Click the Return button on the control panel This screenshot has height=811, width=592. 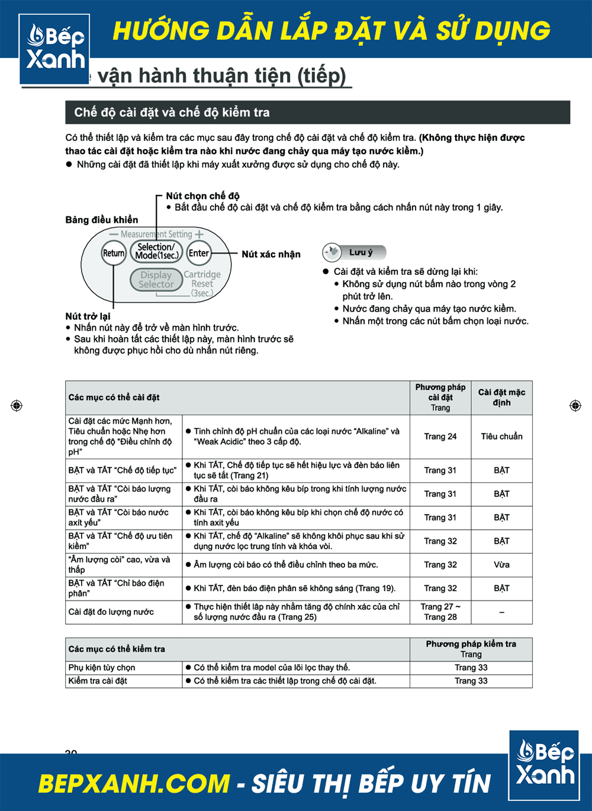tap(114, 253)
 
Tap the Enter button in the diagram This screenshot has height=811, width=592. tap(199, 253)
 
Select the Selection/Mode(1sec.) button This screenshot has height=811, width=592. tap(156, 251)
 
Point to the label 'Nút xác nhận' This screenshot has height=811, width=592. tap(271, 254)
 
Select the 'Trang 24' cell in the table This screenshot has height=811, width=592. tap(440, 437)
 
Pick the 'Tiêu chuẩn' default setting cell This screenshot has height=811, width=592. tap(501, 437)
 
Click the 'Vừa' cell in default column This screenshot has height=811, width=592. tap(501, 565)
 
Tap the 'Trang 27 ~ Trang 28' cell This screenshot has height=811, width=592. tap(440, 612)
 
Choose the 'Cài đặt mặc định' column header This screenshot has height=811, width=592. tap(501, 398)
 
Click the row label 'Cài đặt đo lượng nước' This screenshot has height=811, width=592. tap(111, 612)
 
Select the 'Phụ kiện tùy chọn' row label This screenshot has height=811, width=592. tap(102, 668)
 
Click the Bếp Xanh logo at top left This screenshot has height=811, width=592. tap(55, 49)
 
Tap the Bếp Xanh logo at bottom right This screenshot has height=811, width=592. tap(544, 765)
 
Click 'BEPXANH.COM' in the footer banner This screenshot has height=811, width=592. tap(134, 783)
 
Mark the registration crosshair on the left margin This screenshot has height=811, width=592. tap(17, 405)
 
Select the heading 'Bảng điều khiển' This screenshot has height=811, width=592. tap(102, 220)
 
